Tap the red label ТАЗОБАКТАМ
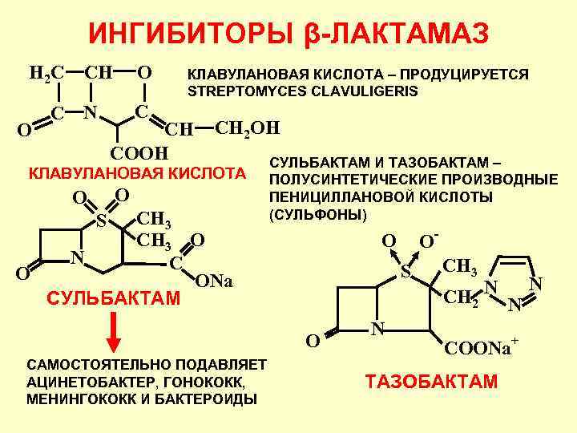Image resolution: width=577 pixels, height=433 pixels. tap(431, 382)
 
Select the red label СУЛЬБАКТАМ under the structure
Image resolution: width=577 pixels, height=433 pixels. tap(113, 299)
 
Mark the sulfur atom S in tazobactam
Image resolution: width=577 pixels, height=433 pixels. tap(406, 273)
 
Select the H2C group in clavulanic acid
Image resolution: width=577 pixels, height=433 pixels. tap(46, 74)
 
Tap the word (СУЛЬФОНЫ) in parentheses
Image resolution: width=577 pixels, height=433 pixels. tap(318, 214)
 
